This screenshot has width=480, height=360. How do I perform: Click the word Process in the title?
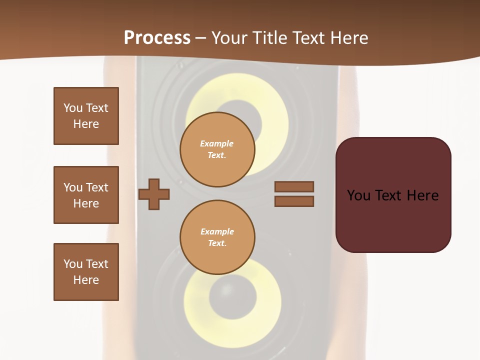(157, 38)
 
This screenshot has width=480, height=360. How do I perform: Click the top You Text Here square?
(86, 116)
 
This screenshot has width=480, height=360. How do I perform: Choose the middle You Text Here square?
(86, 195)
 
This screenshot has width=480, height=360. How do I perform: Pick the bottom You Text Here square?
(86, 272)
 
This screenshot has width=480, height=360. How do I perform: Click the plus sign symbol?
(154, 194)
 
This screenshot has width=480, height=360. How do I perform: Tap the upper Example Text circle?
(217, 149)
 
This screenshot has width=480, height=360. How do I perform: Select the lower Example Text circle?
(217, 237)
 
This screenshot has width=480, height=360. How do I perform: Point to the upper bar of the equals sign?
(294, 186)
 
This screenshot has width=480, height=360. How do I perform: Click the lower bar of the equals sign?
(294, 201)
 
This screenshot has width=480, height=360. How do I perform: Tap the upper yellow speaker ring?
(270, 100)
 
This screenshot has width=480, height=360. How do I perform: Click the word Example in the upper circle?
(217, 143)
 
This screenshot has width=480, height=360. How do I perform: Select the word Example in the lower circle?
(217, 231)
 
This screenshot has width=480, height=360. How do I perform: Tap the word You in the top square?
(72, 108)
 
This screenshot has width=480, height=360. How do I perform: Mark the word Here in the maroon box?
(422, 195)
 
